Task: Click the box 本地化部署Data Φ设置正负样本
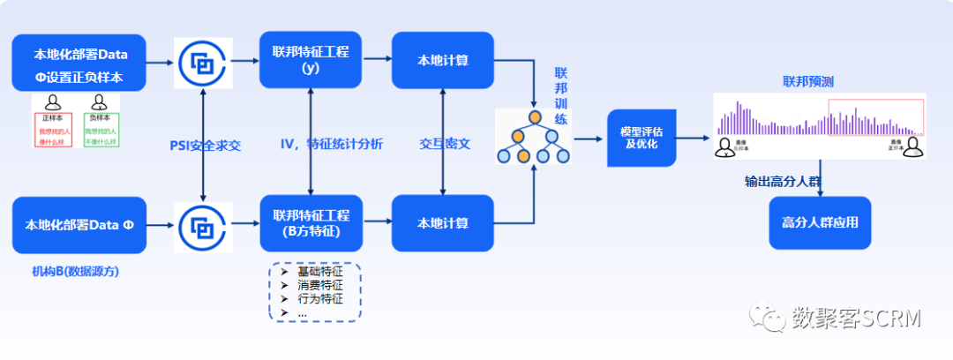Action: pos(79,64)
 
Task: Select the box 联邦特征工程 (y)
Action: pos(311,59)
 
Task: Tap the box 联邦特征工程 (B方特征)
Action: pos(311,222)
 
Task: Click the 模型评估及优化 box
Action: pos(642,138)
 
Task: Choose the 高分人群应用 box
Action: pos(820,222)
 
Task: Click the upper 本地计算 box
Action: pos(442,60)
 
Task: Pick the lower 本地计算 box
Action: pos(442,222)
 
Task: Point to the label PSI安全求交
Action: pos(205,144)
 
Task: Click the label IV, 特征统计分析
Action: pos(332,144)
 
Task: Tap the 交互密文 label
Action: pos(445,144)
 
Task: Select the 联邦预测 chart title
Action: pos(808,82)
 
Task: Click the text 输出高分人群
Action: pos(782,181)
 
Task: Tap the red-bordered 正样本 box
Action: pos(53,131)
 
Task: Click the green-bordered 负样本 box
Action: pos(101,131)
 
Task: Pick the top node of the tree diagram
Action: pos(534,116)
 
